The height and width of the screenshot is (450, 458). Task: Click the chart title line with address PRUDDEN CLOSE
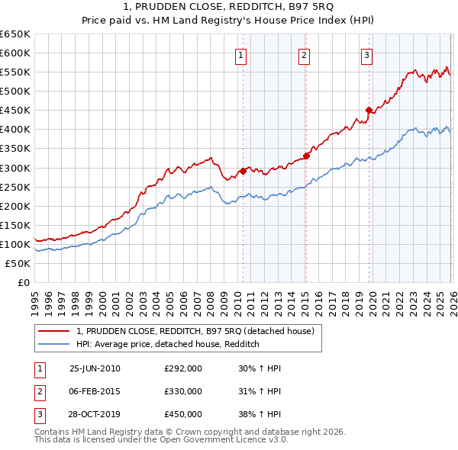(x=229, y=7)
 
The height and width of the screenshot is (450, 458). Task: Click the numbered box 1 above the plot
(x=240, y=54)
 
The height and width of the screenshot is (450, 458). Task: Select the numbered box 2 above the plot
(x=304, y=54)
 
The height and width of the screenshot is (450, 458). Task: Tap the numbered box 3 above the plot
(x=366, y=54)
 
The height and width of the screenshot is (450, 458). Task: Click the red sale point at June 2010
(x=243, y=171)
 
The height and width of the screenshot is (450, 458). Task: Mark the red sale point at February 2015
(x=305, y=156)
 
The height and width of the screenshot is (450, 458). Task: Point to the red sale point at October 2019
(x=369, y=110)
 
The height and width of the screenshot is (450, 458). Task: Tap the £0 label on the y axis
(x=23, y=283)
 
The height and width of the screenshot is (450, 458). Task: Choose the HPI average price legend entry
(x=168, y=344)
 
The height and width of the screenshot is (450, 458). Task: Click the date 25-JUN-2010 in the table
(x=95, y=368)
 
